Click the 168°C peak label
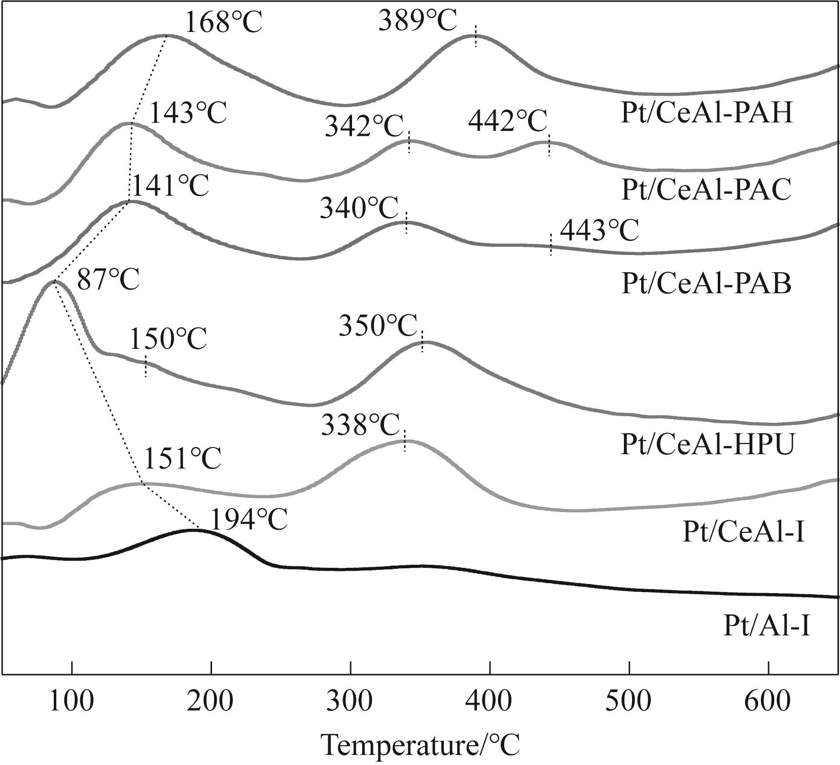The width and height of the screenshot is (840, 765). pyautogui.click(x=223, y=23)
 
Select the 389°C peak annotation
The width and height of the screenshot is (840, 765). pyautogui.click(x=417, y=22)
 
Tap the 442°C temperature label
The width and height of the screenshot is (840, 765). pyautogui.click(x=507, y=122)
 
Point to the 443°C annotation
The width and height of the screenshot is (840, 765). pyautogui.click(x=599, y=231)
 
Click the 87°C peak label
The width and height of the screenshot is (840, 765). pyautogui.click(x=108, y=279)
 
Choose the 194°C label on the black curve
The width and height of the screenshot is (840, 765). pyautogui.click(x=249, y=520)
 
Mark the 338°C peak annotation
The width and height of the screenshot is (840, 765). pyautogui.click(x=360, y=425)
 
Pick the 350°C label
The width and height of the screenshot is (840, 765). pyautogui.click(x=378, y=326)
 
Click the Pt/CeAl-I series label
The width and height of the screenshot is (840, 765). pyautogui.click(x=744, y=533)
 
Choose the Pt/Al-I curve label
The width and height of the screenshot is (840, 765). pyautogui.click(x=766, y=627)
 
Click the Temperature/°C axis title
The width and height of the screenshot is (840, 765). pyautogui.click(x=421, y=745)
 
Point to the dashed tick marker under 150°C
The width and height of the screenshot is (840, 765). pyautogui.click(x=146, y=366)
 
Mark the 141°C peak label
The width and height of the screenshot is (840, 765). pyautogui.click(x=169, y=186)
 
